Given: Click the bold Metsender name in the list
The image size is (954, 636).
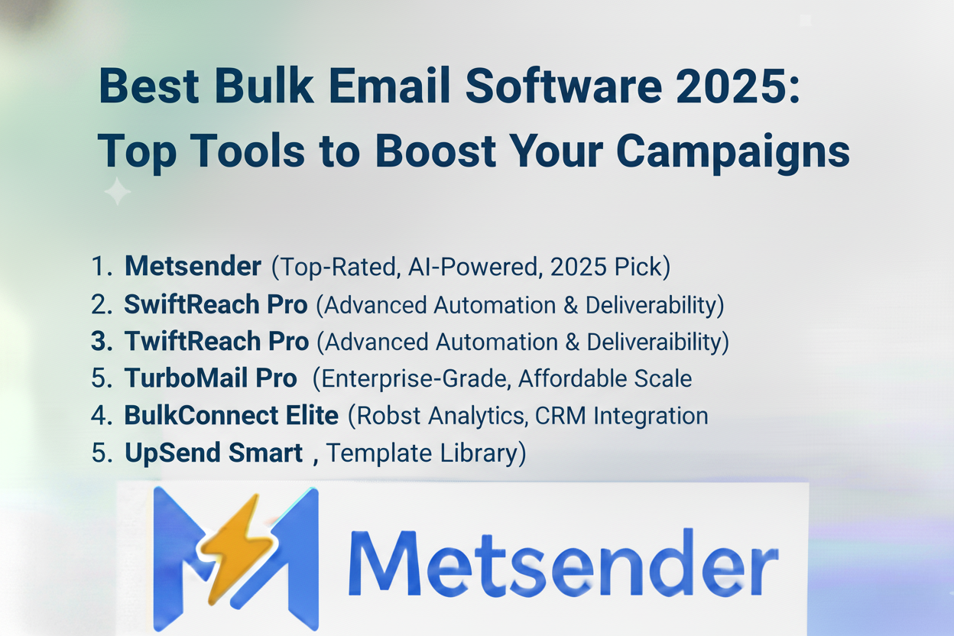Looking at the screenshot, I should tap(193, 267).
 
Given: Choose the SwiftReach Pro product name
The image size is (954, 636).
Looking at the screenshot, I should tap(216, 304).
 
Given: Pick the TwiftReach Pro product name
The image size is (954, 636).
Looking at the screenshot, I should tap(216, 342).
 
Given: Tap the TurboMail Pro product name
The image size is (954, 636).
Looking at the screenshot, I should tap(210, 378).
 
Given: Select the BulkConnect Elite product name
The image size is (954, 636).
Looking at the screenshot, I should tap(231, 416).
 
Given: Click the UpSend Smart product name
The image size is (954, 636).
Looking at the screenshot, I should tap(214, 453).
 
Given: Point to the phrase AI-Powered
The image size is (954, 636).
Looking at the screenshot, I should tap(446, 267).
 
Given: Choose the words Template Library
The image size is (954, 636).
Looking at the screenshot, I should tap(426, 453).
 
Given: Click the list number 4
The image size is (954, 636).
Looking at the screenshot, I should tap(101, 416).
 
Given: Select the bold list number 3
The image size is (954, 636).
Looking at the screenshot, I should tap(101, 342).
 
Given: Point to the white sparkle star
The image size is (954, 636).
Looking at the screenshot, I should tap(118, 191).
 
